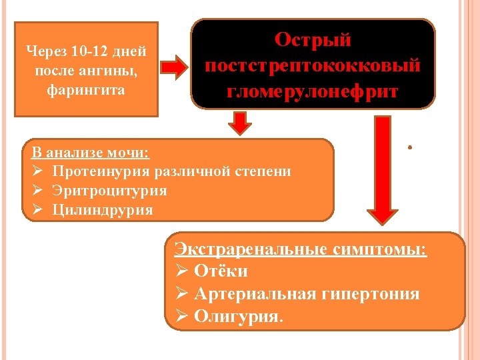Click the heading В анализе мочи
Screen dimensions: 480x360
pyautogui.click(x=91, y=152)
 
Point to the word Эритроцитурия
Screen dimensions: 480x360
pyautogui.click(x=110, y=191)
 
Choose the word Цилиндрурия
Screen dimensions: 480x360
pyautogui.click(x=103, y=210)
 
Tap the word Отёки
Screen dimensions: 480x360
pyautogui.click(x=221, y=271)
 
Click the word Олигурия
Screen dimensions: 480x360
pyautogui.click(x=238, y=316)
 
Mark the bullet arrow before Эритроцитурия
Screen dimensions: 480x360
pyautogui.click(x=37, y=191)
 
